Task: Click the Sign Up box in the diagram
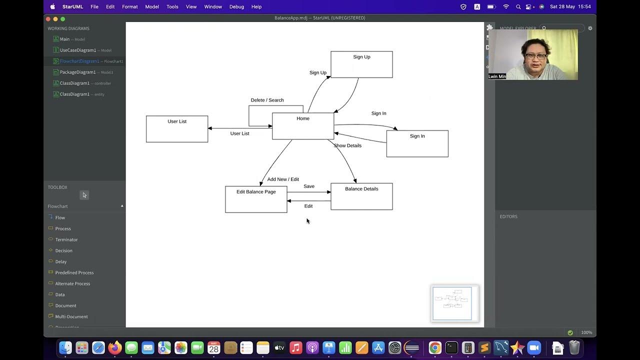tap(361, 64)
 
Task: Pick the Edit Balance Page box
tap(256, 199)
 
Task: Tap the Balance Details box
tap(361, 196)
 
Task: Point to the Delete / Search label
tap(267, 100)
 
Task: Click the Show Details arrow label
tap(347, 145)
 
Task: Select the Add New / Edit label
tap(283, 179)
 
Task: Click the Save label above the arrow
tap(309, 186)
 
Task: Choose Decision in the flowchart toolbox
tap(63, 250)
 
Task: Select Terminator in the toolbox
tap(66, 239)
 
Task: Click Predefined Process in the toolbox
tap(74, 272)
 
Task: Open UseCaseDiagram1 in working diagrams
tap(77, 50)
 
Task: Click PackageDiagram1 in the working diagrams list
tap(77, 72)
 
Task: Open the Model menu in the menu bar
tap(152, 6)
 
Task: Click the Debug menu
tap(236, 6)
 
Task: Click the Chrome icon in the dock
tap(435, 347)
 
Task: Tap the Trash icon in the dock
tap(574, 347)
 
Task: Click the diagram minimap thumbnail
tap(452, 303)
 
